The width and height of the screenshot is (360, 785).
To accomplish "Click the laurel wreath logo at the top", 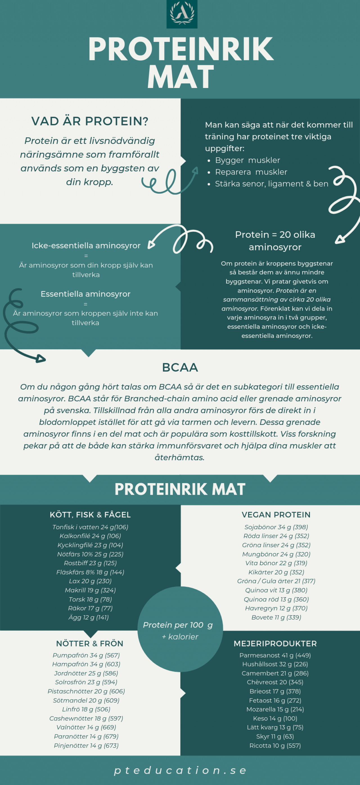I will click(182, 14).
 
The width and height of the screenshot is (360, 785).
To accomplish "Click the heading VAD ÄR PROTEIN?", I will click(90, 121).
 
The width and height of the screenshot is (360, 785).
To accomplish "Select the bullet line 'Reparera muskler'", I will click(251, 172).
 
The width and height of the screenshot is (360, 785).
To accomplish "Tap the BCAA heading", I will click(180, 368).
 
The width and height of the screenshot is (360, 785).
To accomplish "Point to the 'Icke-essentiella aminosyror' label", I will click(86, 245).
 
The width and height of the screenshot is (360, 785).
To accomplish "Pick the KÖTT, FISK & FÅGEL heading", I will click(90, 515).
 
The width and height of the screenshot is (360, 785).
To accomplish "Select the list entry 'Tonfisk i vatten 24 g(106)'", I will click(90, 527).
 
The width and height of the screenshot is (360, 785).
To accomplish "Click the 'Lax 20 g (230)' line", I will click(90, 581).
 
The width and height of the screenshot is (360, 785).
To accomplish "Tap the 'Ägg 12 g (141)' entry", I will click(89, 617).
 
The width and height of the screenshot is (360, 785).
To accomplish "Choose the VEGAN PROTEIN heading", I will click(276, 515).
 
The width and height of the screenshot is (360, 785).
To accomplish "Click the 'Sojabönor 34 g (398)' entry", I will click(276, 527).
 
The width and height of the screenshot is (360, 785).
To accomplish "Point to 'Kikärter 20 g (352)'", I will click(276, 572).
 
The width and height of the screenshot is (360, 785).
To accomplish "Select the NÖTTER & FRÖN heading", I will click(90, 644).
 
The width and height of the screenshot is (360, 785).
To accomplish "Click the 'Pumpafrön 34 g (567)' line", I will click(86, 655).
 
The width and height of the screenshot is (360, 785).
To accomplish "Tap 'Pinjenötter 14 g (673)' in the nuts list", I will click(86, 745).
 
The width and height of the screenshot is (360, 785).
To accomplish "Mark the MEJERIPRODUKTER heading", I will click(275, 644).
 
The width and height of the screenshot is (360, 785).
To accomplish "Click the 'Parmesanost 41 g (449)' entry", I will click(275, 655).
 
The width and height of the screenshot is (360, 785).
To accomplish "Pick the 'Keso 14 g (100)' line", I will click(275, 718).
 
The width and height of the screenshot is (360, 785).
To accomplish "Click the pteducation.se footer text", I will click(180, 770).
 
